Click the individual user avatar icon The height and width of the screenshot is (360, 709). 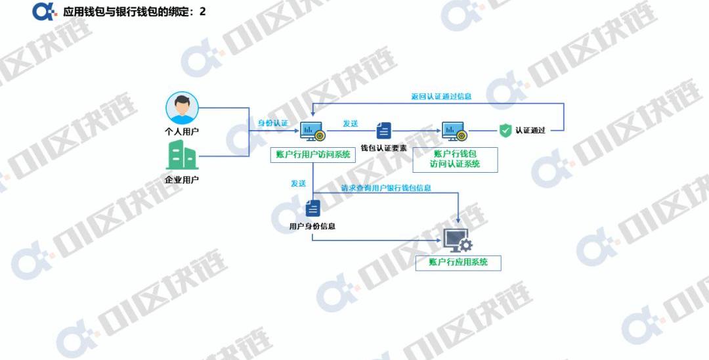pyautogui.click(x=182, y=108)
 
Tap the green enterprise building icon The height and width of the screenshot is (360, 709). pyautogui.click(x=182, y=156)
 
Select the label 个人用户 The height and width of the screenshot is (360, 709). pyautogui.click(x=182, y=131)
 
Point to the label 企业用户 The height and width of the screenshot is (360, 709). pyautogui.click(x=182, y=179)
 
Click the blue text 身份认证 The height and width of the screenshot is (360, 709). pyautogui.click(x=272, y=123)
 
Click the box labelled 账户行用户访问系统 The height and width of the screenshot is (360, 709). pyautogui.click(x=312, y=154)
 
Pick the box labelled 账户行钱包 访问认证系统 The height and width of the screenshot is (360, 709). pyautogui.click(x=455, y=159)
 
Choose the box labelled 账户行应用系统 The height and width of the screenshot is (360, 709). pyautogui.click(x=458, y=263)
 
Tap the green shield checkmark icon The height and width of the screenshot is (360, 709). pyautogui.click(x=505, y=130)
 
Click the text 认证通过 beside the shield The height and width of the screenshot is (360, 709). pyautogui.click(x=530, y=130)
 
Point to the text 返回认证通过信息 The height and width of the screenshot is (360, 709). pyautogui.click(x=441, y=97)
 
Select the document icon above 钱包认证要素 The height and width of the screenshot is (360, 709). pyautogui.click(x=384, y=131)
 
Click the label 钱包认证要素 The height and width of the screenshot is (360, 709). pyautogui.click(x=384, y=148)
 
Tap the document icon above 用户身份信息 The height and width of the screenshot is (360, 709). pyautogui.click(x=312, y=208)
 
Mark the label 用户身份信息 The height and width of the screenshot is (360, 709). pyautogui.click(x=312, y=227)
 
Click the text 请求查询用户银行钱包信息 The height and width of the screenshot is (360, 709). pyautogui.click(x=386, y=188)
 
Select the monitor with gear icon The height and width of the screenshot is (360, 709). pyautogui.click(x=458, y=240)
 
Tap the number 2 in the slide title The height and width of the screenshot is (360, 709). pyautogui.click(x=202, y=11)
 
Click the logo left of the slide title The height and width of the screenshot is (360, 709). pyautogui.click(x=44, y=11)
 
